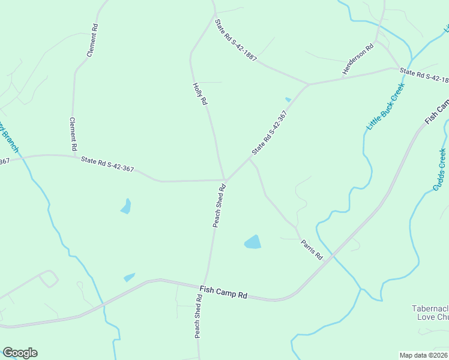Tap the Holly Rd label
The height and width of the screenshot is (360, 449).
[200, 94]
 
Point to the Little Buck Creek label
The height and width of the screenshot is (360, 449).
[386, 106]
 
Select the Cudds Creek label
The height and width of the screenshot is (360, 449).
[440, 169]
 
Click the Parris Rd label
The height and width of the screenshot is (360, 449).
[312, 249]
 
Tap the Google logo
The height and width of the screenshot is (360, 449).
[20, 353]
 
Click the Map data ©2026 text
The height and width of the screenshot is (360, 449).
[423, 355]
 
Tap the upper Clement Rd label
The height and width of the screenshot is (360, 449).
[92, 40]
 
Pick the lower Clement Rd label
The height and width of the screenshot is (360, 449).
[73, 134]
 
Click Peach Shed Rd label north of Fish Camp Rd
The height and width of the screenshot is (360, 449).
[219, 206]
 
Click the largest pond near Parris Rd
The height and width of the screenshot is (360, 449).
[253, 242]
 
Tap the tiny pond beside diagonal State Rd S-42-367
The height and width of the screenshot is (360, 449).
[288, 100]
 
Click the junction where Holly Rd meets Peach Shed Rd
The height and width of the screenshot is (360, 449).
[224, 179]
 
